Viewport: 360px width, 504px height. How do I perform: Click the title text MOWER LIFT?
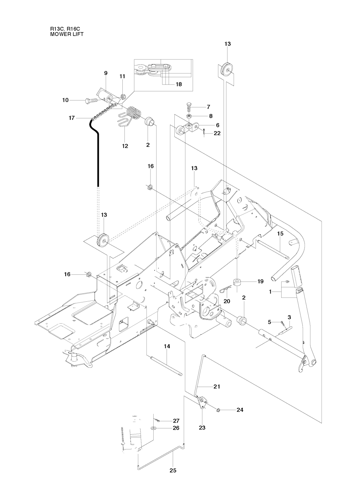coord(67,34)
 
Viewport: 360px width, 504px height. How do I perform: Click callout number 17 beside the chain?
coord(72,118)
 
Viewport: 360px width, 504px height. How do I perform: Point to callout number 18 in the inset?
coord(179,84)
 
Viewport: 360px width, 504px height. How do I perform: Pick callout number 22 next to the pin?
coord(217,133)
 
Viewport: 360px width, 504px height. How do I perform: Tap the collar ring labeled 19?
coord(237,281)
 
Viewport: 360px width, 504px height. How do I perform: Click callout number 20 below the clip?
coord(227,301)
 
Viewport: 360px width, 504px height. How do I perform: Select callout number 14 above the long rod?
coord(167,346)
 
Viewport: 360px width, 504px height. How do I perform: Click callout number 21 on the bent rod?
coord(217,386)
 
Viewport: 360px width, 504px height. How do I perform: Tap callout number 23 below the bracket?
coord(202,428)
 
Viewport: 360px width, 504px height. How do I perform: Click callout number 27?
coord(176,420)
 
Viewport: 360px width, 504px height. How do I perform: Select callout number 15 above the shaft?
coord(280,233)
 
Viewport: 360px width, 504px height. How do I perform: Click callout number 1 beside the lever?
coord(270,292)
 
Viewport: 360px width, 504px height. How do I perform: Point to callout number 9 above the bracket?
coord(105,73)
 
